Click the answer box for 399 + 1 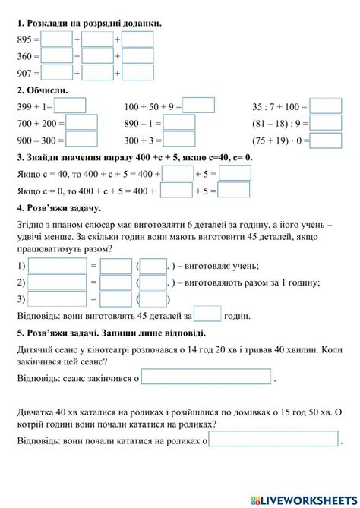(x=70, y=106)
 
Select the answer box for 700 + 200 (x=82, y=122)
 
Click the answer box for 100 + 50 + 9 (x=199, y=106)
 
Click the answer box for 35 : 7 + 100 (x=327, y=106)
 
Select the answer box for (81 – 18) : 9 (x=327, y=122)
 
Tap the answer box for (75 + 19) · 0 (x=327, y=140)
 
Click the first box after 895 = (x=57, y=39)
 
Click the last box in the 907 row (x=138, y=73)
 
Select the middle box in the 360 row (x=97, y=55)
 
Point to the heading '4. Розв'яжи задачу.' (x=58, y=207)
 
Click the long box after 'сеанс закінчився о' (x=206, y=377)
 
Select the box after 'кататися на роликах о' (x=273, y=440)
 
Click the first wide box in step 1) (x=57, y=266)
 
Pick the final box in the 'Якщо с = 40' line (x=235, y=174)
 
